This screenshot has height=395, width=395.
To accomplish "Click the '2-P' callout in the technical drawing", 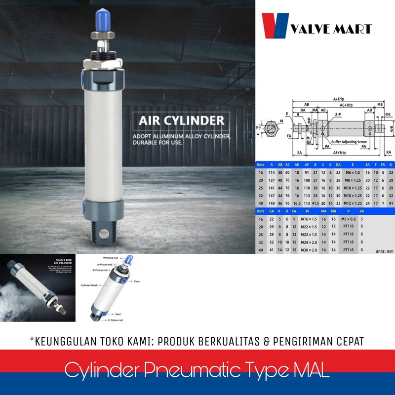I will point(337,114).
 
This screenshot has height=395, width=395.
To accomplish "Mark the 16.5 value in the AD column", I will point(297,203).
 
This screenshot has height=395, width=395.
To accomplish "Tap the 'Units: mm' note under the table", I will point(383,251).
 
